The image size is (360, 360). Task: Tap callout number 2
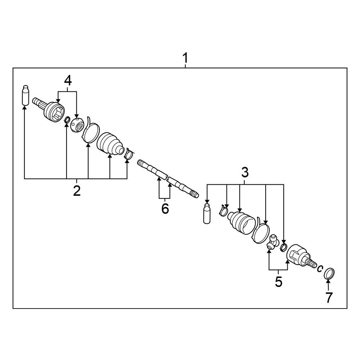point(77,190)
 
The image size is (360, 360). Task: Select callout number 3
point(245,172)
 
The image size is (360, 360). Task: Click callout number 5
point(279,282)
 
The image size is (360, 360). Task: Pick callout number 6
point(165,209)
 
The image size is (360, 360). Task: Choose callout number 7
point(329,298)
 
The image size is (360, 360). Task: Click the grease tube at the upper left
point(25,95)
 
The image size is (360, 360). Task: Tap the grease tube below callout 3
point(207,213)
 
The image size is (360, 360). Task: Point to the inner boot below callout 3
point(241,222)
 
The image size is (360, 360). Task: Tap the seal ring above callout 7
point(329,273)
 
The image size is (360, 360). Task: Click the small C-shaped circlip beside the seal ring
point(320,269)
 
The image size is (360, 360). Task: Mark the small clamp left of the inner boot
point(224,210)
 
